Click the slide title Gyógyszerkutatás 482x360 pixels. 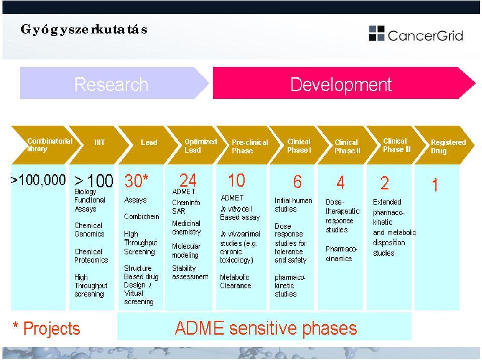84,30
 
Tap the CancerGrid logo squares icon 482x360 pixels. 376,33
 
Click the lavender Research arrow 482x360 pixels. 114,83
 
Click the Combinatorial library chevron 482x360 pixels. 46,145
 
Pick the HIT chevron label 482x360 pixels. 99,142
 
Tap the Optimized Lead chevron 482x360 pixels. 197,145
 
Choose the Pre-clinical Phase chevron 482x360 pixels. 246,145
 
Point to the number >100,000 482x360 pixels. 38,180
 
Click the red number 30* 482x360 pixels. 136,180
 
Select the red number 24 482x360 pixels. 188,180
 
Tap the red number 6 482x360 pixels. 297,181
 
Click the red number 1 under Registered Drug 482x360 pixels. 435,185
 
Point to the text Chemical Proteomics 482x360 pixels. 91,256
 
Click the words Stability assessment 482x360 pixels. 190,272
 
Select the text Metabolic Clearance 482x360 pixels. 235,281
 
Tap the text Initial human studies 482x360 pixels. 293,205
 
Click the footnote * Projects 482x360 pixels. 46,328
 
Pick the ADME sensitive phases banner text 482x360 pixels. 266,328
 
